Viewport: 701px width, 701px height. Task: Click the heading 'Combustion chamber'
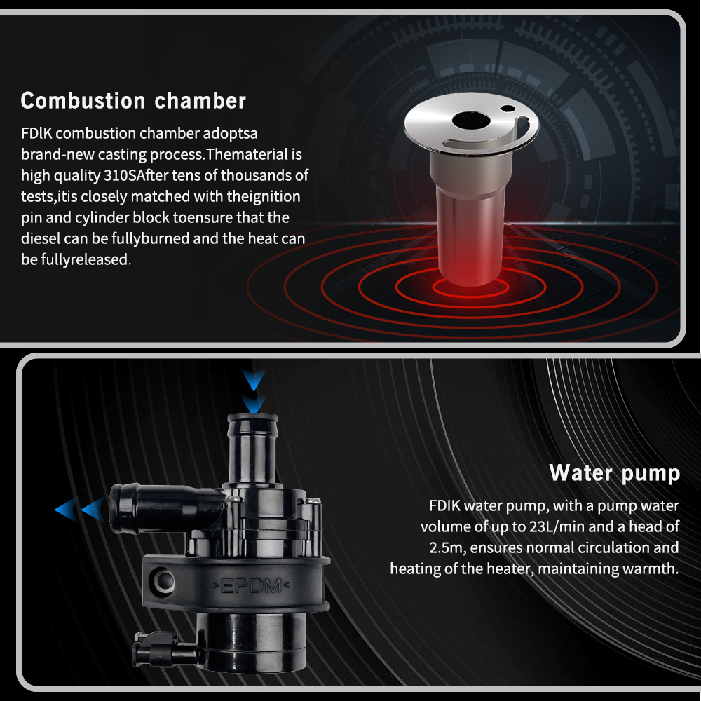click(133, 101)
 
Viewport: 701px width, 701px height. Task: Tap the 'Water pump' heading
click(615, 473)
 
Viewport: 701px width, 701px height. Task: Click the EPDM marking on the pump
click(251, 585)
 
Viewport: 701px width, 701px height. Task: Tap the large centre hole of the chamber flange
click(471, 121)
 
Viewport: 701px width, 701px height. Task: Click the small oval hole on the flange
click(508, 108)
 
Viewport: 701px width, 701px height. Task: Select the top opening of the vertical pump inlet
click(252, 416)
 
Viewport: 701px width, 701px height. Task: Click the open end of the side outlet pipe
click(118, 509)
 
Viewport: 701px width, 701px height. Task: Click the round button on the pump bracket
click(163, 580)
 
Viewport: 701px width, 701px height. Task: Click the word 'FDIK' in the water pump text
click(444, 505)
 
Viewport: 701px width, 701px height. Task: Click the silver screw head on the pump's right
click(315, 501)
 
